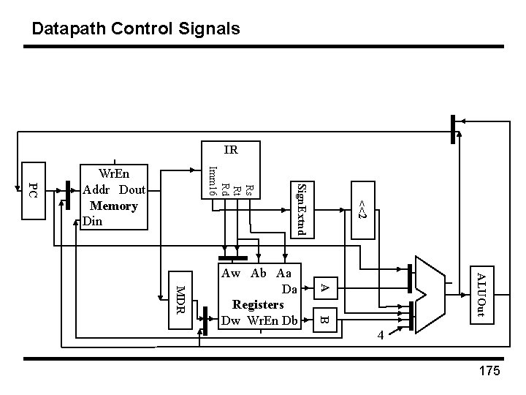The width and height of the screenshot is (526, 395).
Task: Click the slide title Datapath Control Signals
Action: click(x=136, y=29)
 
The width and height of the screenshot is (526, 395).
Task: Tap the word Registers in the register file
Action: click(x=257, y=304)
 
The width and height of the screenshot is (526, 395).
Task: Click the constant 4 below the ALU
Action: click(x=381, y=336)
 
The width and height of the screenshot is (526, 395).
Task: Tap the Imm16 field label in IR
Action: click(x=211, y=182)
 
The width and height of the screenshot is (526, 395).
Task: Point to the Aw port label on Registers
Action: click(x=232, y=273)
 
